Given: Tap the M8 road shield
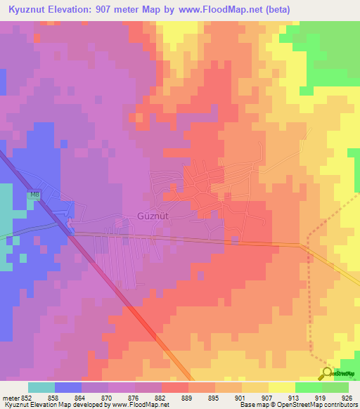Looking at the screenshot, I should [x=34, y=195].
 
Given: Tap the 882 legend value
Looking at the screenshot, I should [x=162, y=397].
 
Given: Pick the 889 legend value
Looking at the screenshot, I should [x=188, y=397].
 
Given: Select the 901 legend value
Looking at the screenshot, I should [x=241, y=397].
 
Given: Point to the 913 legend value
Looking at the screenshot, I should [x=295, y=397].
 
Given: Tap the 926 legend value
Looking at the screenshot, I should [x=347, y=397].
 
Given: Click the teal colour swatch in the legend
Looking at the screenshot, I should [x=41, y=387].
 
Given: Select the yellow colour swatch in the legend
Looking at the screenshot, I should [x=281, y=387].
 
